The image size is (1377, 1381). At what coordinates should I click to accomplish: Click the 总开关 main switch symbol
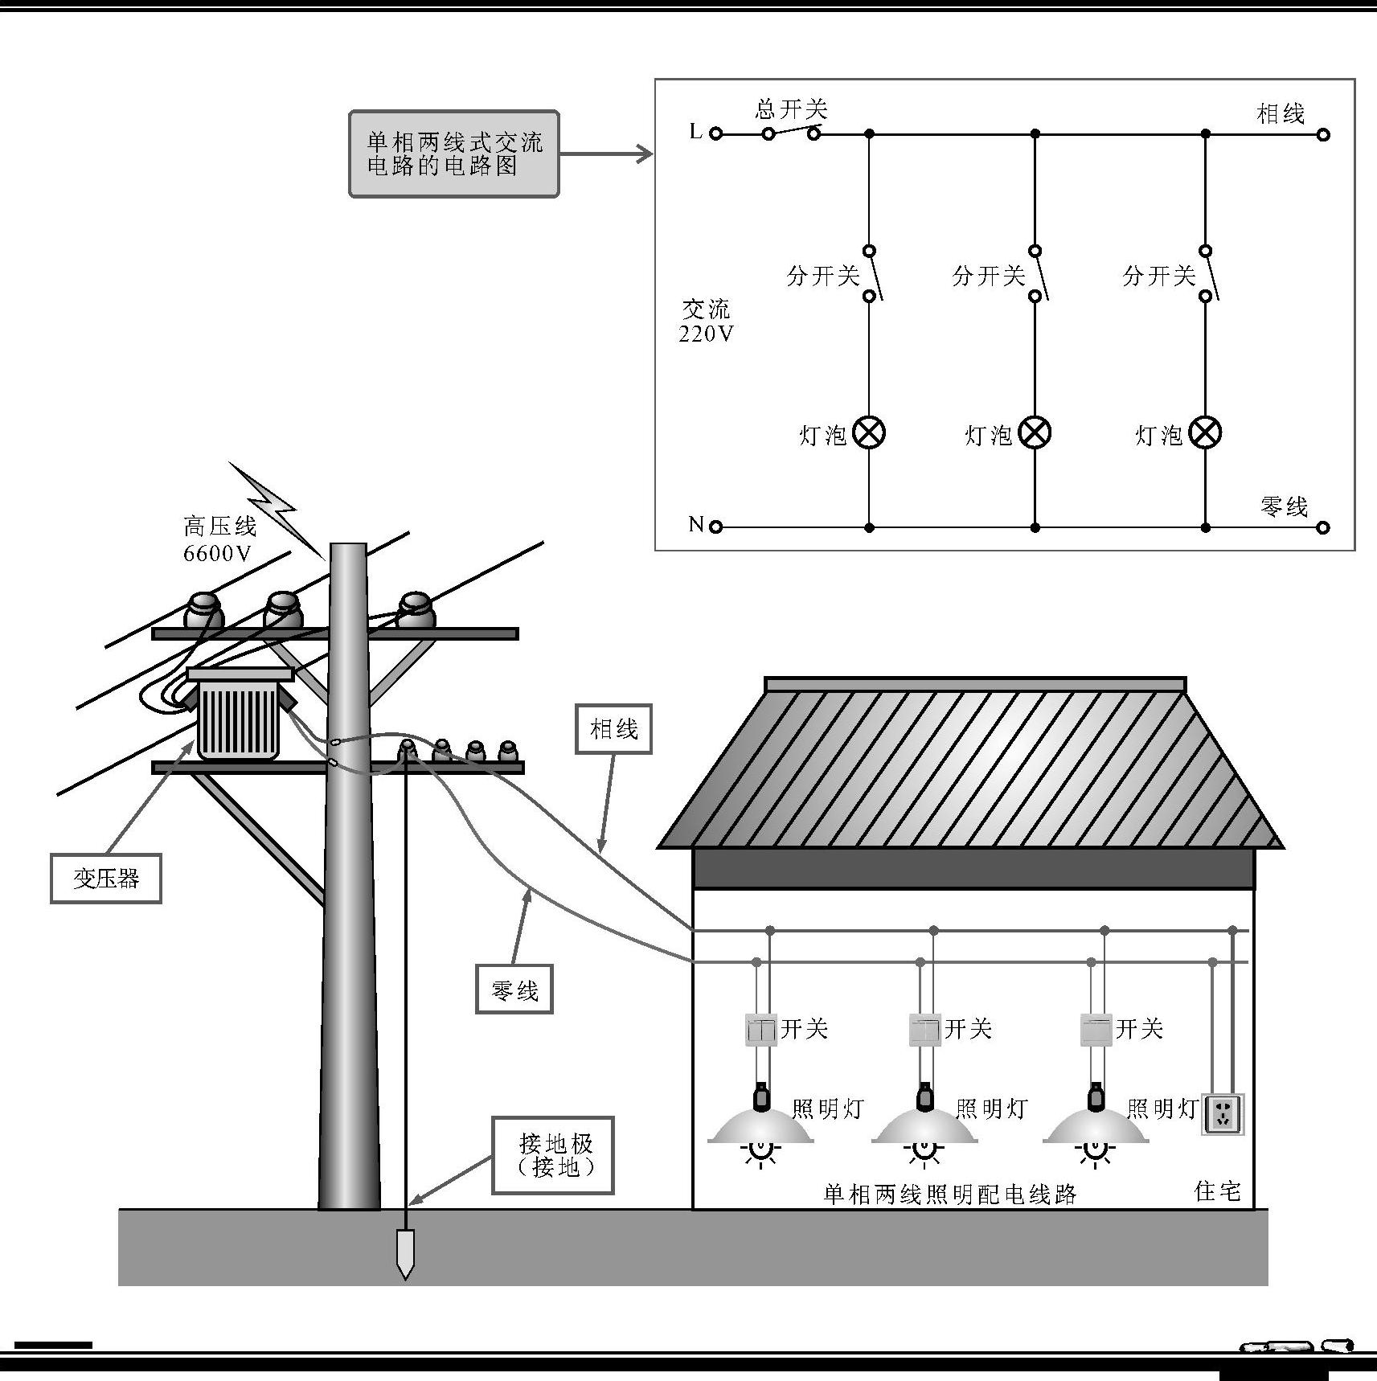(x=791, y=131)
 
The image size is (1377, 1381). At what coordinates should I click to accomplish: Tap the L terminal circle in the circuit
(x=715, y=133)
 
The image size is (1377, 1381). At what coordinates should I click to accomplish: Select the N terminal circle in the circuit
(x=715, y=527)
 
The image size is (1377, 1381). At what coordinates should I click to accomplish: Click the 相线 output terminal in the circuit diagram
(x=1323, y=134)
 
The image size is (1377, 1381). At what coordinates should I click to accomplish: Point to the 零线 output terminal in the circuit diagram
(x=1323, y=527)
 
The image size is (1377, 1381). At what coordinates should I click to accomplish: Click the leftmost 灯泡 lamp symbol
(x=868, y=433)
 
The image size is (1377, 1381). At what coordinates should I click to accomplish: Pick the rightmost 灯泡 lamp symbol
(x=1204, y=433)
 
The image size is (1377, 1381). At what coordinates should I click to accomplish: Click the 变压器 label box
(x=106, y=879)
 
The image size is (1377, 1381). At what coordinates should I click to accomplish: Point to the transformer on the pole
(x=239, y=715)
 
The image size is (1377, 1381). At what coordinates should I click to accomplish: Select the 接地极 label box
(x=554, y=1155)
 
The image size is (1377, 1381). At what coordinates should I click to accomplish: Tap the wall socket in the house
(x=1222, y=1113)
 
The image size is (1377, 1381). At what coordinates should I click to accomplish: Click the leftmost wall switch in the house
(x=761, y=1030)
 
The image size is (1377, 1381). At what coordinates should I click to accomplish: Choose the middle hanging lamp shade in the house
(x=924, y=1125)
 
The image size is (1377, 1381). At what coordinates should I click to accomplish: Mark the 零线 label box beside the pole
(x=514, y=990)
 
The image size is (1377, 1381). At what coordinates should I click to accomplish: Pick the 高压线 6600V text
(x=219, y=539)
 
